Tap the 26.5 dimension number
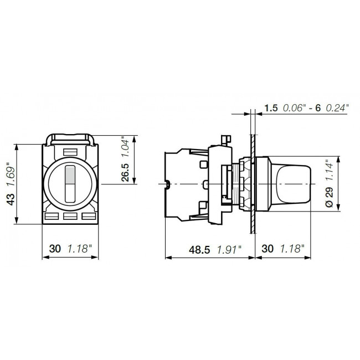[x=125, y=172]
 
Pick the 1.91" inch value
[x=229, y=250]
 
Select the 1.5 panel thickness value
[x=271, y=109]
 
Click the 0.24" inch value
[x=337, y=109]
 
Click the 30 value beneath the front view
[x=55, y=250]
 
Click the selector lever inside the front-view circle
[x=70, y=183]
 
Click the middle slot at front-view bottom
[x=70, y=217]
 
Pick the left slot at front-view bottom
[x=53, y=217]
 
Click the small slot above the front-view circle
[x=70, y=151]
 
